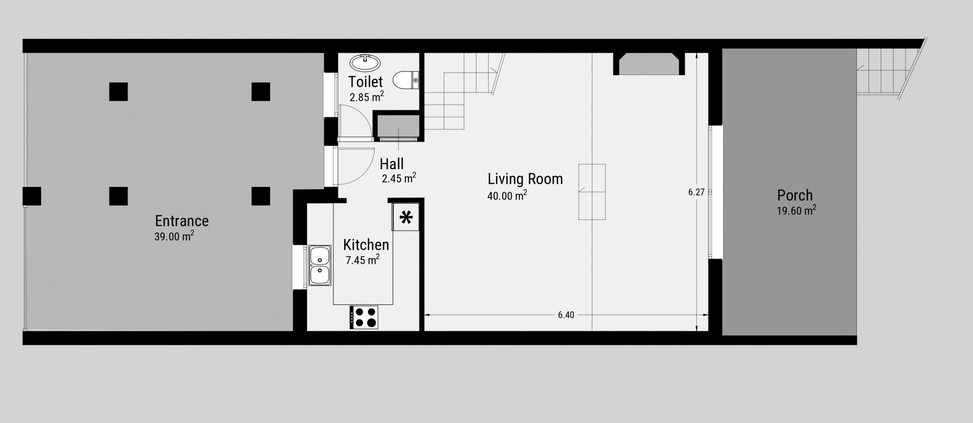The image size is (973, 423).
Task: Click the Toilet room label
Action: point(365,81)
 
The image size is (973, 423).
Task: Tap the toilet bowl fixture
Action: point(405,80)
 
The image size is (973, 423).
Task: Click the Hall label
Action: point(392,164)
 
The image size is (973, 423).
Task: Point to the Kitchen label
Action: point(366,245)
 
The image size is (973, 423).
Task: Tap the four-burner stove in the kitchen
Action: point(364,318)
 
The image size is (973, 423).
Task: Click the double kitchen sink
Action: point(319,266)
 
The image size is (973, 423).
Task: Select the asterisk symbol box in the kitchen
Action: point(406,218)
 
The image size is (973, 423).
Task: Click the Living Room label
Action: point(525,179)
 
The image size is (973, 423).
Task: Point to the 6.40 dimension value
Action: point(566,315)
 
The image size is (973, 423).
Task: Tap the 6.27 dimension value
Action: point(696,192)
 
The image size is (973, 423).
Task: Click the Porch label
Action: point(795,196)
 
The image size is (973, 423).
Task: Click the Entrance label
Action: point(182,221)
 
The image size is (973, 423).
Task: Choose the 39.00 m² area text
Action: point(174,236)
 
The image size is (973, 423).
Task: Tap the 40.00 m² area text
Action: point(507,195)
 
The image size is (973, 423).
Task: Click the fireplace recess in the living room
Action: point(649,64)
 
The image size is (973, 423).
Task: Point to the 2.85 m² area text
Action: point(366,97)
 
